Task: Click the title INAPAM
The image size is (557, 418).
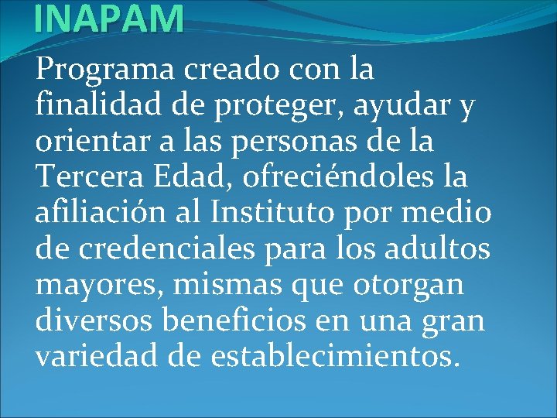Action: point(109,18)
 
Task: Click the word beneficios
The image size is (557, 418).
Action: point(233,320)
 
